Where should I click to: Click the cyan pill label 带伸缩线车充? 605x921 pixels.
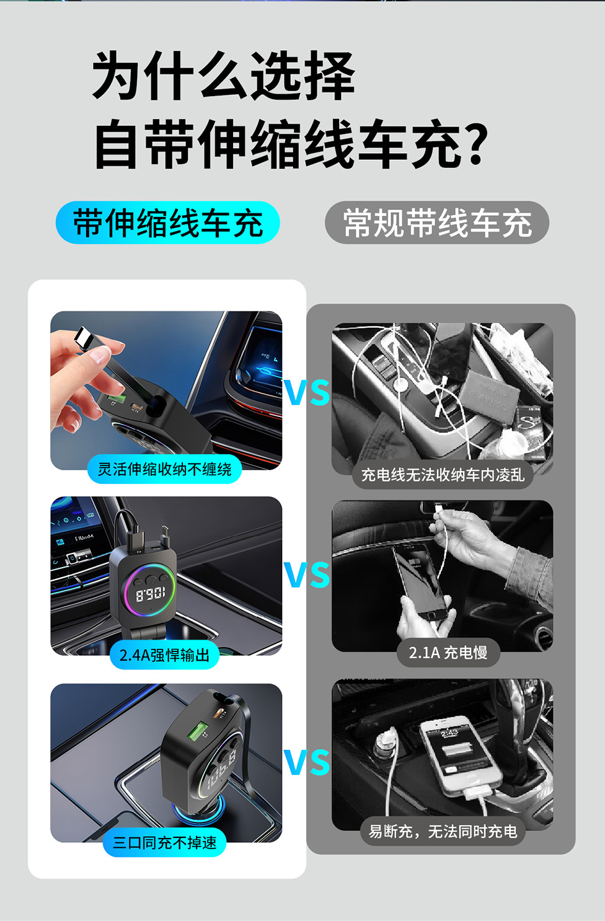tap(168, 223)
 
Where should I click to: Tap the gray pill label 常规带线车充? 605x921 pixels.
tap(437, 223)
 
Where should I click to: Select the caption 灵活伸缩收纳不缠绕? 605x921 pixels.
tap(164, 469)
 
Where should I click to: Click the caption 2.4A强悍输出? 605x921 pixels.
tap(164, 655)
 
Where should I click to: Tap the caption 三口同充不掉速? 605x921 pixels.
tap(164, 843)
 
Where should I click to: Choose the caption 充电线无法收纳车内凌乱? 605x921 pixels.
tap(443, 475)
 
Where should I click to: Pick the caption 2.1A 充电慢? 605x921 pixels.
tap(448, 653)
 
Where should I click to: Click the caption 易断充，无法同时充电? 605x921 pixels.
tap(443, 832)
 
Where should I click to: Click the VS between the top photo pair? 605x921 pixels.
tap(307, 392)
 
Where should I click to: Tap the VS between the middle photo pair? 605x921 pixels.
tap(307, 575)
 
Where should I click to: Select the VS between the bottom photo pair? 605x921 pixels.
tap(307, 762)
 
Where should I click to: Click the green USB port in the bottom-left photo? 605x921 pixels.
tap(197, 733)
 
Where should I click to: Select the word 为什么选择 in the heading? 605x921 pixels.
tap(223, 76)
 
